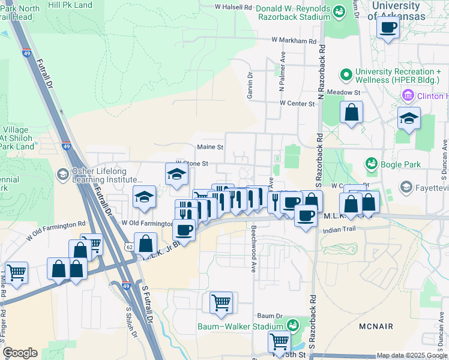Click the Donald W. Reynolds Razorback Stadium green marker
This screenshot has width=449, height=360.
pyautogui.click(x=339, y=11)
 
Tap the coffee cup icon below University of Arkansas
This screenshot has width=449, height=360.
pyautogui.click(x=388, y=27)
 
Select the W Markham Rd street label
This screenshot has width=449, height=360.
pyautogui.click(x=294, y=41)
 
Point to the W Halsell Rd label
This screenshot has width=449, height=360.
pyautogui.click(x=234, y=7)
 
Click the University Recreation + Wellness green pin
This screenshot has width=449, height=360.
pyautogui.click(x=346, y=75)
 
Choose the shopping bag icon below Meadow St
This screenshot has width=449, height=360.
pyautogui.click(x=351, y=112)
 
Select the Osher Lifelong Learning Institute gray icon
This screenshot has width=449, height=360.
pyautogui.click(x=62, y=175)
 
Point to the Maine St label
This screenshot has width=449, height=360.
pyautogui.click(x=210, y=147)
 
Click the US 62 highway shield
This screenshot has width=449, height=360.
pyautogui.click(x=129, y=247)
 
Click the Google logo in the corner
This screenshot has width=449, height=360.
pyautogui.click(x=20, y=353)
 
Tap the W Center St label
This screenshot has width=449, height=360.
pyautogui.click(x=297, y=103)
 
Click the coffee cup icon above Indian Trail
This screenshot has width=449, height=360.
pyautogui.click(x=305, y=215)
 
